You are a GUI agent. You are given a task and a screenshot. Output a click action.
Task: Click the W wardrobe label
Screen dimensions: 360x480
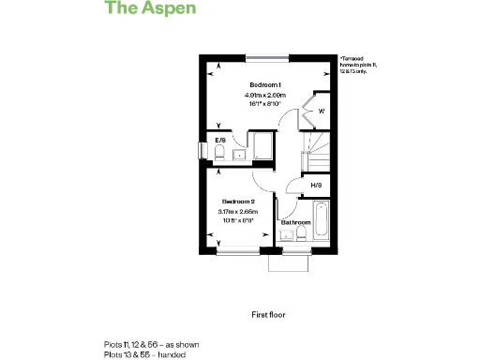(321, 112)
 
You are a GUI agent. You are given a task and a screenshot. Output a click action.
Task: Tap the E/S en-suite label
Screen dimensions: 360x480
(220, 140)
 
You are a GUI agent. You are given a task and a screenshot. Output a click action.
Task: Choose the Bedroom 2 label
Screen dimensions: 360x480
(239, 202)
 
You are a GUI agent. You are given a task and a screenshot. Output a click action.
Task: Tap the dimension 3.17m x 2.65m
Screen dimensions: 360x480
(239, 212)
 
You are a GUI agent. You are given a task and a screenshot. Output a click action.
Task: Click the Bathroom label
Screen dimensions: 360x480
(295, 222)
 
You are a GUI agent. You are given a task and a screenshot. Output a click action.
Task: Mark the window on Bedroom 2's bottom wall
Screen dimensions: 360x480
(239, 250)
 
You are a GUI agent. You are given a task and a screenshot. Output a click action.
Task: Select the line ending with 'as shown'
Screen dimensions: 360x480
(151, 344)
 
